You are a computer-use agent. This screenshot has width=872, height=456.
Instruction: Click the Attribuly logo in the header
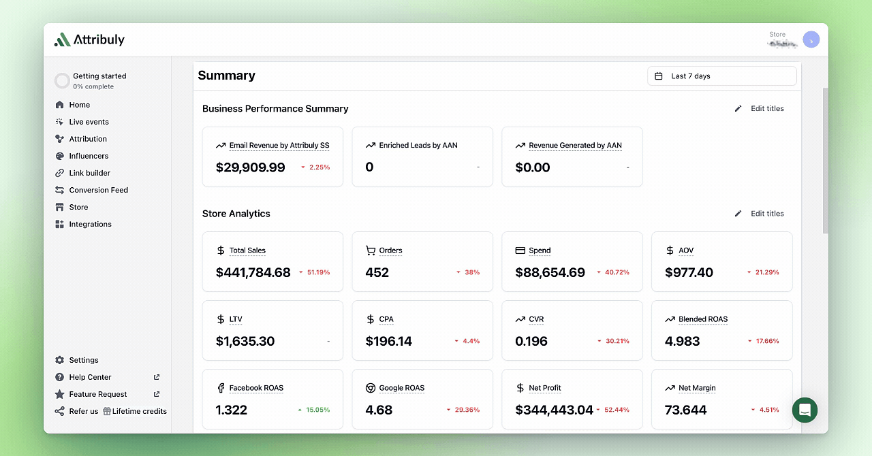point(89,39)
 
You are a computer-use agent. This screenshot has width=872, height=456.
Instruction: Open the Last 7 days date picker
point(721,76)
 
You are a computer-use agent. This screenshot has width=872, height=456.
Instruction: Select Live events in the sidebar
point(89,122)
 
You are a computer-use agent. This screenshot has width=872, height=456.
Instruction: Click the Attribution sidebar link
point(88,139)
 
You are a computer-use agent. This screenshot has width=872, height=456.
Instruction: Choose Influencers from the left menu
point(89,156)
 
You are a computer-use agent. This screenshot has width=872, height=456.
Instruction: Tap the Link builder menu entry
point(89,173)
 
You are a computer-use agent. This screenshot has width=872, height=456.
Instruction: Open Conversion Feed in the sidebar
point(98,190)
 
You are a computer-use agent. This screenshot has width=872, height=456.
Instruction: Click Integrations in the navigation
point(90,224)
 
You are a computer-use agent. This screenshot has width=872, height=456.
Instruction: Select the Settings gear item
point(83,360)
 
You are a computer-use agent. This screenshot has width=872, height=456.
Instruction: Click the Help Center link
point(90,377)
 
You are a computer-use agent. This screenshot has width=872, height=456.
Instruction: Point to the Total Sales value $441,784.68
point(253,272)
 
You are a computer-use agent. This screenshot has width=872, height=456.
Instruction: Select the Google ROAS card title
point(401,388)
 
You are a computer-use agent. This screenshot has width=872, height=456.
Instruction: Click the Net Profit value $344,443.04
point(554,410)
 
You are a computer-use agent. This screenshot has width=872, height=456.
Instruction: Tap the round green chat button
point(805,410)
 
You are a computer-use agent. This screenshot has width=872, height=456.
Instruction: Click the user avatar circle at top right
point(811,39)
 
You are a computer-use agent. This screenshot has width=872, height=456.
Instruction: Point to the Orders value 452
point(377,272)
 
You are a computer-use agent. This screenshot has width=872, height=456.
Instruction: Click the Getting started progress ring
point(62,81)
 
